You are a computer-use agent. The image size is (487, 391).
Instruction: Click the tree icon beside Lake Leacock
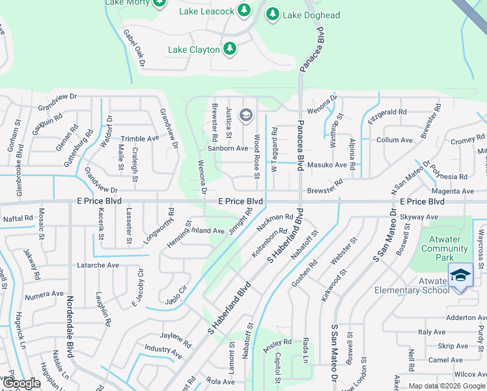244,10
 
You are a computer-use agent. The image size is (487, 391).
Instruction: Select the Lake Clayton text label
194,50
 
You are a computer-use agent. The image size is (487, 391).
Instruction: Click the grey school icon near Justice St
245,116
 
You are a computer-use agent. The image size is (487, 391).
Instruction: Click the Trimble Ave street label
140,139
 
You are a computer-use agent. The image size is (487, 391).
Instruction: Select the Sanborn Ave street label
228,149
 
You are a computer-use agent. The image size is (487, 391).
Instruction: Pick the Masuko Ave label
327,165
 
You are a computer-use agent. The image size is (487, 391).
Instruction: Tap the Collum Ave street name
395,140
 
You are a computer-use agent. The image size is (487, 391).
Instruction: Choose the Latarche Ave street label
99,265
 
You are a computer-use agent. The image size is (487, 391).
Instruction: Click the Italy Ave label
432,332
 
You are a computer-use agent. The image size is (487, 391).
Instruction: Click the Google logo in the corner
21,384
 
